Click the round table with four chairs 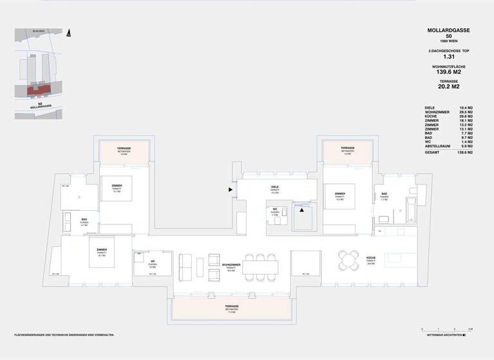pos(351,261)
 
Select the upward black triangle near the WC pos(301,210)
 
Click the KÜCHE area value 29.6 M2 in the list pos(466,116)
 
